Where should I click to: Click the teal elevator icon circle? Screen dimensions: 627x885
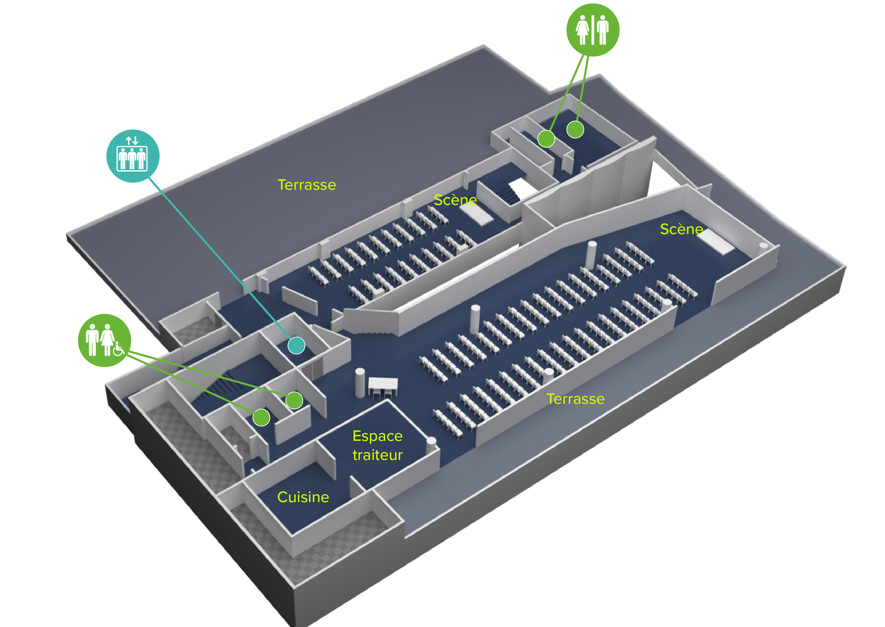[133, 156]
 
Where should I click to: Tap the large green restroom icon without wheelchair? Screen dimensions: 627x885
[593, 30]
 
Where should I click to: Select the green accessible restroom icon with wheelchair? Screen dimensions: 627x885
[104, 340]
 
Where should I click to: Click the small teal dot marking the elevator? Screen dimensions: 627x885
[296, 345]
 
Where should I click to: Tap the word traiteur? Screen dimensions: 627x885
[377, 455]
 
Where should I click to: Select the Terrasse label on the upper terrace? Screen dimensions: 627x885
[307, 185]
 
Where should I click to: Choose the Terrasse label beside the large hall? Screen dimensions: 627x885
[575, 399]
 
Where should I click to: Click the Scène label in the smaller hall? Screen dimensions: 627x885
[455, 200]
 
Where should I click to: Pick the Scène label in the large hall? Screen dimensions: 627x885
[681, 229]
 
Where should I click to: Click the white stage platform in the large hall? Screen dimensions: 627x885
[715, 242]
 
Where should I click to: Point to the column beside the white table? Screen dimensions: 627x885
[360, 382]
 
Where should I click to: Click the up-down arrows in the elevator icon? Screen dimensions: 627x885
[132, 141]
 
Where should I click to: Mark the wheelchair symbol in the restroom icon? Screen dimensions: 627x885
[119, 349]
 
